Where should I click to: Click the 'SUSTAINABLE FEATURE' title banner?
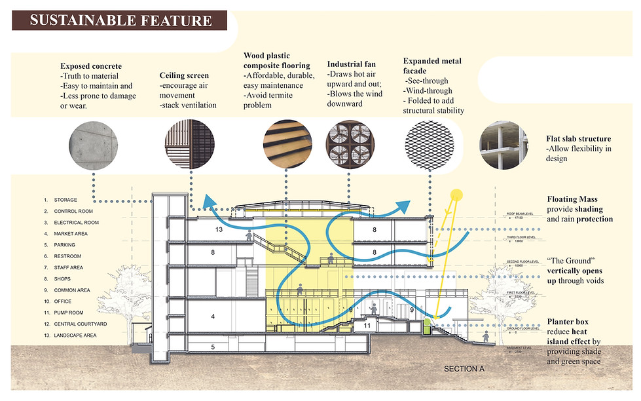pos(120,20)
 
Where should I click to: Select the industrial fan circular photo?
pos(348,142)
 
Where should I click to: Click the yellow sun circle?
pos(456,195)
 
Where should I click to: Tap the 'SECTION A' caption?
pos(464,369)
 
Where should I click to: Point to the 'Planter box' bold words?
pos(568,322)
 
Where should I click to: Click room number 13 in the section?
pos(219,230)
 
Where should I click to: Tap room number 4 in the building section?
pos(213,316)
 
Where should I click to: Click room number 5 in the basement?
pos(213,346)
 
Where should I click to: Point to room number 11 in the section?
pos(367,325)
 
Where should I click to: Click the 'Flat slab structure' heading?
pos(578,139)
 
